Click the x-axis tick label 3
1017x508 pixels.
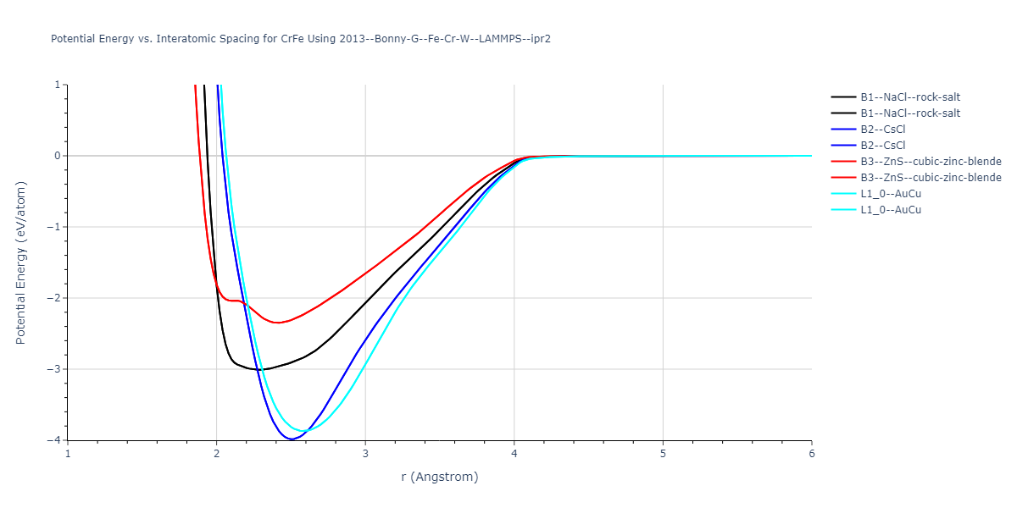365,453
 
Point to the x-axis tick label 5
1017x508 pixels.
663,453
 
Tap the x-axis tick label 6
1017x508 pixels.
811,453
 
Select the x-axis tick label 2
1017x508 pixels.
217,453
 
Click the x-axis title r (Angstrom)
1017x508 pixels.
440,477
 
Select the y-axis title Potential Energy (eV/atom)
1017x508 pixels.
21,262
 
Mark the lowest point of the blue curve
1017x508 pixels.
292,439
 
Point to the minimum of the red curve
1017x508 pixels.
276,323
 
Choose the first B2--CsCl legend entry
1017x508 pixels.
885,130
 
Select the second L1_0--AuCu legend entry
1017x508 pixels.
890,210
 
